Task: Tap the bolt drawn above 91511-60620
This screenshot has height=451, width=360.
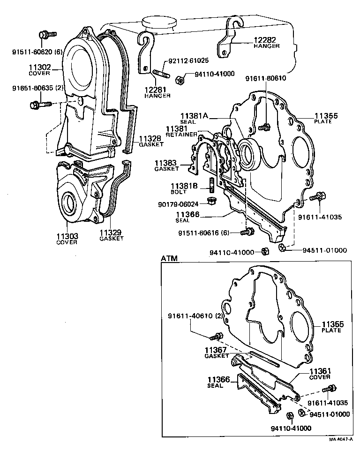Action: [x=46, y=34]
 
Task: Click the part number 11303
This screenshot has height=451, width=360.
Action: [x=67, y=236]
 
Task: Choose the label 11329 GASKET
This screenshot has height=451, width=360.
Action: [x=111, y=234]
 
